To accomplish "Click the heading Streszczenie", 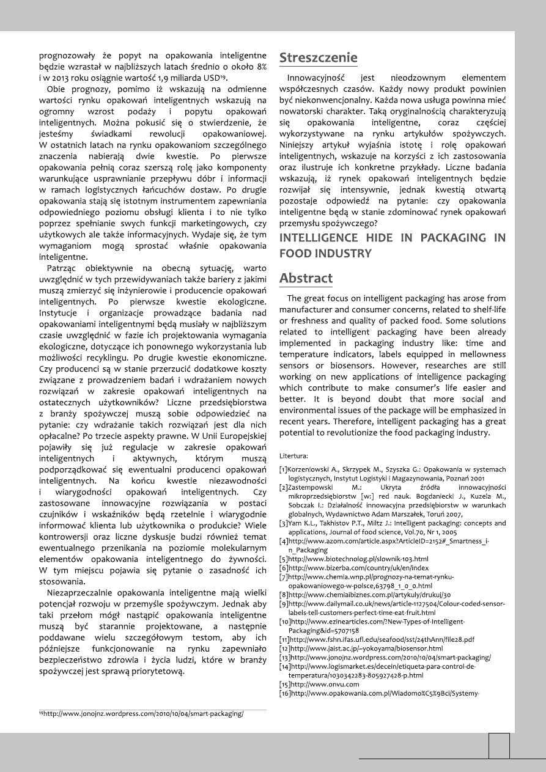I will pyautogui.click(x=318, y=58).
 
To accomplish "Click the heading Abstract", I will pyautogui.click(x=306, y=278).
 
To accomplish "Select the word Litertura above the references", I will pyautogui.click(x=293, y=456).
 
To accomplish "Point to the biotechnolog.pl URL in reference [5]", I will pyautogui.click(x=358, y=559).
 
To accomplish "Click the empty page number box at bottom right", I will pyautogui.click(x=499, y=746).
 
